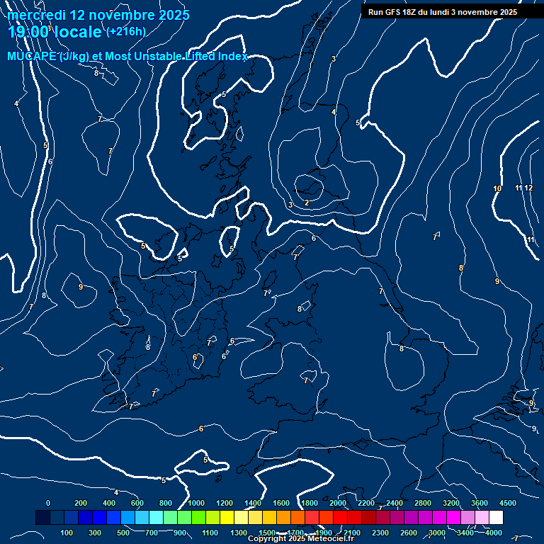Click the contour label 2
tap(306, 203)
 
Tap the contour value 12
tap(528, 188)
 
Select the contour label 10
tap(497, 188)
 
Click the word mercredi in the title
tap(36, 15)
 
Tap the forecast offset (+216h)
tap(126, 31)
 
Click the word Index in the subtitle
tap(230, 56)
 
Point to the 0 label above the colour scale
tap(48, 503)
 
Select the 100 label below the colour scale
tap(67, 533)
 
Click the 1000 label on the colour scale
tap(196, 503)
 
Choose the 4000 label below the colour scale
tap(494, 533)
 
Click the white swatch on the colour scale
tap(496, 518)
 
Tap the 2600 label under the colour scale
tap(409, 533)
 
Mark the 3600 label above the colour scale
tap(480, 503)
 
